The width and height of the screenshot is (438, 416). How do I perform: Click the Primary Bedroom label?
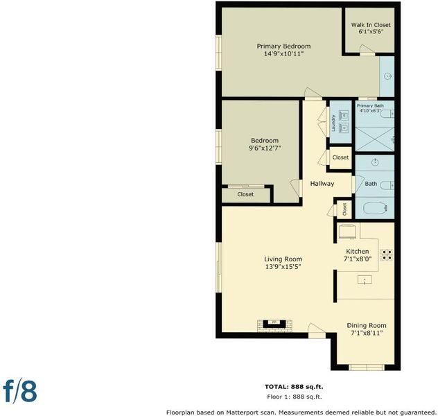point(283,46)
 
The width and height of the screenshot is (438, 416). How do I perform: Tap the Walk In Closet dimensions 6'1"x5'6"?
point(371,31)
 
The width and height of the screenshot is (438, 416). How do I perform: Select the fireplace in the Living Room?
point(274,325)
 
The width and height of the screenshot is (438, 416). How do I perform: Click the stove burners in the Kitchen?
point(387,254)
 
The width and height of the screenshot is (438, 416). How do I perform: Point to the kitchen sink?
point(365,279)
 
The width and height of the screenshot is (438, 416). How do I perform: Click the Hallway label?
point(322,184)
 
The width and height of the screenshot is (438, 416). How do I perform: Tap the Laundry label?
point(333,123)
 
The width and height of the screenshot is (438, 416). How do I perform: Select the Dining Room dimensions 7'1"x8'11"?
point(367,333)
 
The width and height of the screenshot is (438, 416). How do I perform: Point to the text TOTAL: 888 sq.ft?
point(294,387)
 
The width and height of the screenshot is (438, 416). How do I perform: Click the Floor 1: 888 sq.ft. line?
point(294,397)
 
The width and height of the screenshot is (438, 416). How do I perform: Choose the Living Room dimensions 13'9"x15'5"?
point(283,266)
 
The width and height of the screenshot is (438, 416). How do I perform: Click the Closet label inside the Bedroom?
point(245,194)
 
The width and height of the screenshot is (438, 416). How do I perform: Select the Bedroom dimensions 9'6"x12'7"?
point(265,148)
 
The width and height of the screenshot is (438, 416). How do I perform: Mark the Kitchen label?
point(358,251)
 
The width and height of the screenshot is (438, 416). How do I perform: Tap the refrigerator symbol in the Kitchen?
point(347,232)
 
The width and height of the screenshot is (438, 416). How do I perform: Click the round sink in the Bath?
point(375,162)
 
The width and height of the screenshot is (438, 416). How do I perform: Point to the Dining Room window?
point(366,367)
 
